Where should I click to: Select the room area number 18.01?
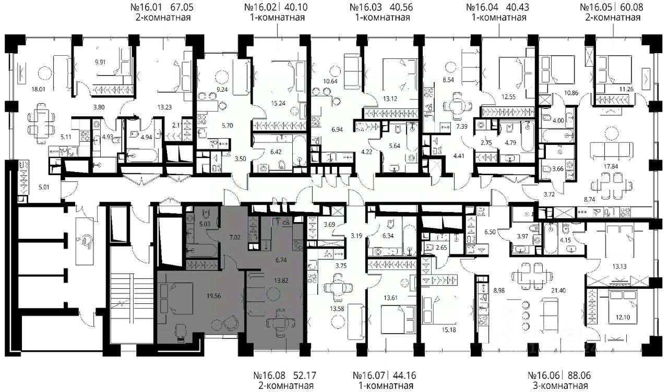[38, 89]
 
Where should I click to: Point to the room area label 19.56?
[213, 296]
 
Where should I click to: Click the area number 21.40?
[558, 290]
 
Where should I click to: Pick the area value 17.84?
[611, 166]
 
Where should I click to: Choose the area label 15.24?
[278, 103]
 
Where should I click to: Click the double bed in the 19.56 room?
[176, 298]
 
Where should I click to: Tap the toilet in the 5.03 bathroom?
[206, 214]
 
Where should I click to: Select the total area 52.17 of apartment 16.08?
[304, 375]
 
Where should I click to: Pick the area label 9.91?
[100, 63]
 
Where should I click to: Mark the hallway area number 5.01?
[44, 187]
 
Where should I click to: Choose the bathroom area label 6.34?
[388, 236]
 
